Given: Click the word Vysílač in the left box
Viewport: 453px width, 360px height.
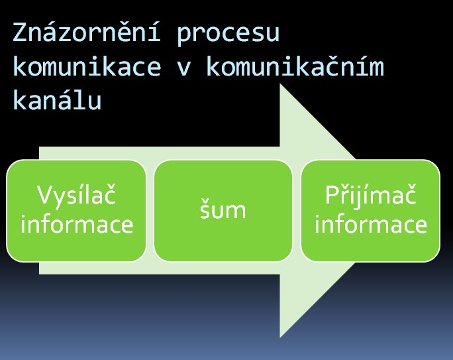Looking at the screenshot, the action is pos(77,195).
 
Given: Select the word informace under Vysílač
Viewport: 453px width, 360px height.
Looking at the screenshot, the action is pos(77,224).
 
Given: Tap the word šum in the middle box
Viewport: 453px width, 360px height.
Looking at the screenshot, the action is pos(223,209).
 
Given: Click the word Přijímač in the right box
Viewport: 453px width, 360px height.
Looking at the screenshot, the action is pos(371,195).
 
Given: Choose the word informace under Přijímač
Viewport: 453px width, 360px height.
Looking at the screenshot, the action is pos(371,224).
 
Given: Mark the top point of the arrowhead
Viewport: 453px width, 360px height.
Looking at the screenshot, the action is pos(280,84).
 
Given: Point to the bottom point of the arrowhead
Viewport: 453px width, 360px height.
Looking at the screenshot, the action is pos(280,337).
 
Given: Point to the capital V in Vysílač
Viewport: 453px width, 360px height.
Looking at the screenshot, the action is pos(46,195).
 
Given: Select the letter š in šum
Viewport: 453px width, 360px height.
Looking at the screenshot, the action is pos(205,208).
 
